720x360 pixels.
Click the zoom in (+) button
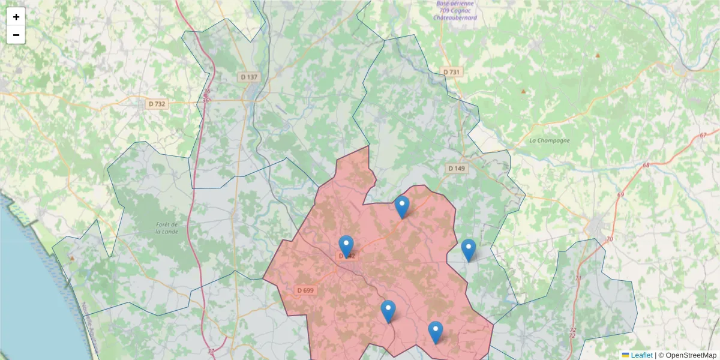click(x=16, y=17)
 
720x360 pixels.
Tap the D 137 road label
click(x=248, y=77)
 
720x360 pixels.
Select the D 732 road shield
click(x=157, y=104)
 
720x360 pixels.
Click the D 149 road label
click(x=456, y=169)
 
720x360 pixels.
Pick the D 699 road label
click(x=305, y=290)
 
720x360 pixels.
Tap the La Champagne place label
click(x=549, y=140)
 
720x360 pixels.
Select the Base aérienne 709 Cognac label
click(x=455, y=10)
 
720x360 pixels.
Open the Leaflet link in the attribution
click(x=641, y=355)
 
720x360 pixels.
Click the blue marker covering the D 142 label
click(x=346, y=246)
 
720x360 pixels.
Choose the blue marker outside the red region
click(x=469, y=250)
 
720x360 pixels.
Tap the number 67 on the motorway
click(x=703, y=134)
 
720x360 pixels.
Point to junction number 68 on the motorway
click(x=646, y=165)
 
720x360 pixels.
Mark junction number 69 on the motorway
click(x=620, y=194)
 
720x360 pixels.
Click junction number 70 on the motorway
click(x=610, y=239)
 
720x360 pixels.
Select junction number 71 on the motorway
click(x=578, y=278)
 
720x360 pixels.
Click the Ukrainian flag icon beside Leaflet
click(x=625, y=355)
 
